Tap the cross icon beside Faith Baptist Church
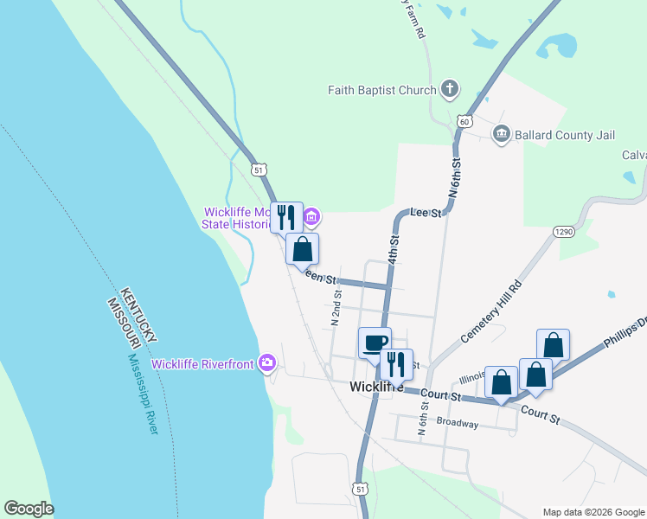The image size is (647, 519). tap(450, 88)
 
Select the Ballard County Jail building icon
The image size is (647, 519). tap(501, 134)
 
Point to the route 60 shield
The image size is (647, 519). tap(465, 120)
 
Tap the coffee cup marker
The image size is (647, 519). tap(375, 343)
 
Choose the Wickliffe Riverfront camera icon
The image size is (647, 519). tap(267, 363)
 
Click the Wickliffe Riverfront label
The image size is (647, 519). tap(202, 363)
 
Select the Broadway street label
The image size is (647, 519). tap(458, 423)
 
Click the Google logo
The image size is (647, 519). tap(29, 509)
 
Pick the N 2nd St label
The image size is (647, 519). tap(336, 305)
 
